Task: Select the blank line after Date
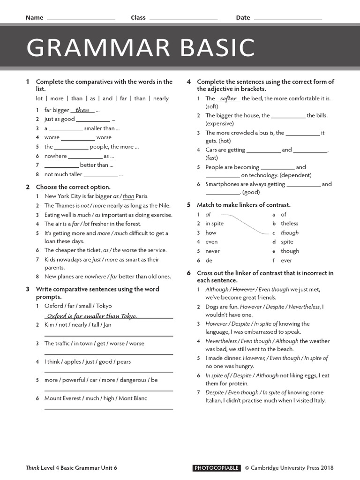tap(287, 19)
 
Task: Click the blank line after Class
tap(183, 19)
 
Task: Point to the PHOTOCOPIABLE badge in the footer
tap(217, 468)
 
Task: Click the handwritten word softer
tap(228, 98)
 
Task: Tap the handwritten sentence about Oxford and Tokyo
tap(92, 316)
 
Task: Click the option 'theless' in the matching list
tap(290, 224)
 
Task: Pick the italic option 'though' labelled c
tap(290, 232)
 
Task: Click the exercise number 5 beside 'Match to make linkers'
tap(188, 205)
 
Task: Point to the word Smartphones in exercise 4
tap(222, 184)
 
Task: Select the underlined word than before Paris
tap(128, 196)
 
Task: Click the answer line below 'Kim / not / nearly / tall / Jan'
tap(108, 336)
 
